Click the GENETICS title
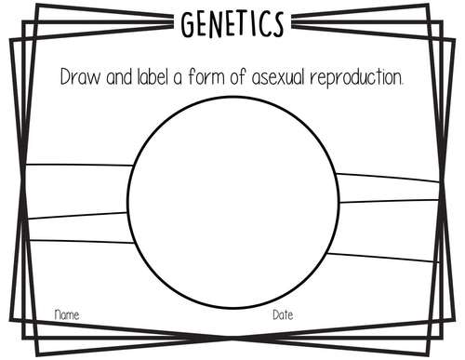coord(232,25)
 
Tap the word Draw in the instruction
coord(78,76)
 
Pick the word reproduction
coord(358,77)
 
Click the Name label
coord(66,315)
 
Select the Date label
coord(283,315)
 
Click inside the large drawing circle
coord(232,201)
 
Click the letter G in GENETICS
coord(190,26)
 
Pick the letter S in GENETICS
coord(275,25)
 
